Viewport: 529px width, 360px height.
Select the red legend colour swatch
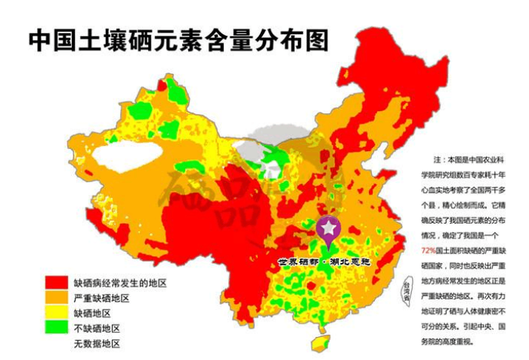(x=56, y=283)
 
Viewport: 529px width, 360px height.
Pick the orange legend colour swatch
(x=56, y=298)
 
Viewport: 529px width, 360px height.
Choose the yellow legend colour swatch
(x=56, y=313)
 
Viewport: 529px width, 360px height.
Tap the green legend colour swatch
(x=56, y=327)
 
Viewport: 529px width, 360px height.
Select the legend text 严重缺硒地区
(x=102, y=298)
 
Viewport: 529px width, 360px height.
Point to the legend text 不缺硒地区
(x=96, y=328)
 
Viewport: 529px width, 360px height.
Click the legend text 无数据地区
(x=96, y=344)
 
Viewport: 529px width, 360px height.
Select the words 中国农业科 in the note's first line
(x=487, y=159)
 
